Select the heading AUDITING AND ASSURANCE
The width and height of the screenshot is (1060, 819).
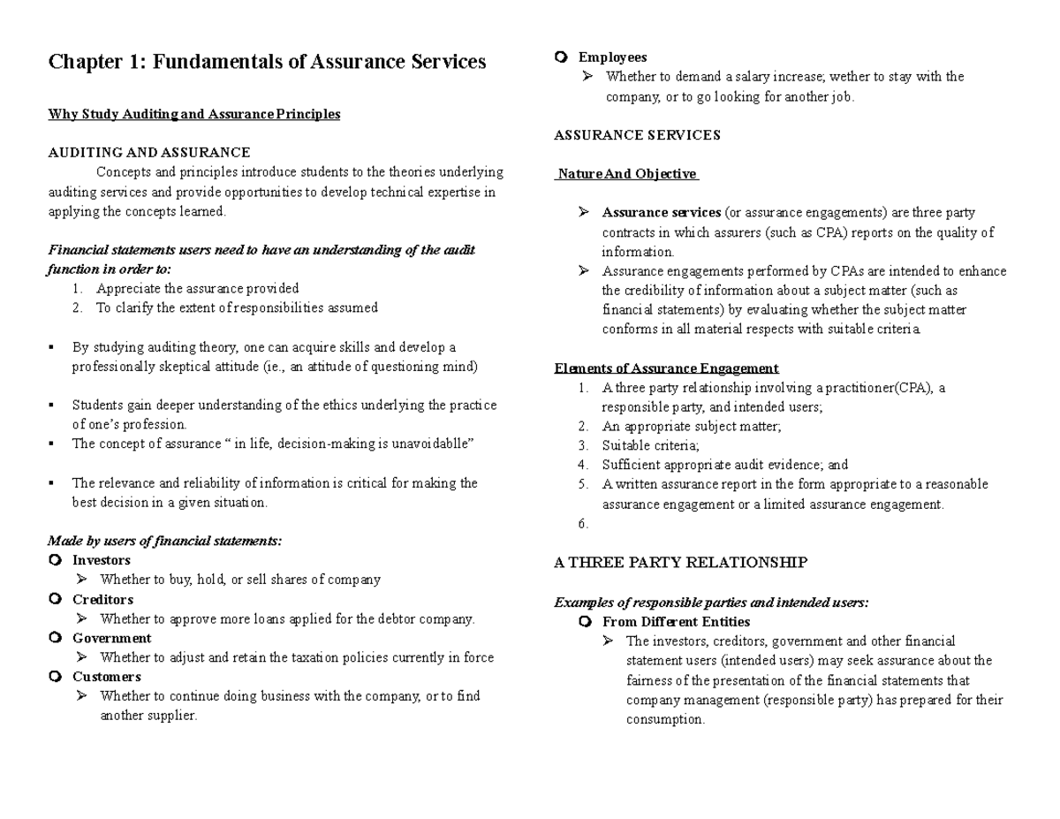(148, 152)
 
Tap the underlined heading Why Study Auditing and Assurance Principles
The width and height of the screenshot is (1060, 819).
(193, 114)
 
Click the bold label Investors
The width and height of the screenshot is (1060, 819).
(101, 560)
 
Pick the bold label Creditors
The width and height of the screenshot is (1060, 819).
(102, 599)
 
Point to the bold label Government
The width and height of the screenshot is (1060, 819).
(111, 638)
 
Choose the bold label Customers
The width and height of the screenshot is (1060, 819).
(106, 677)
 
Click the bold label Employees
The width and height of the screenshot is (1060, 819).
(612, 57)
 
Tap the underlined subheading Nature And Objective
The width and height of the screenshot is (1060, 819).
(626, 174)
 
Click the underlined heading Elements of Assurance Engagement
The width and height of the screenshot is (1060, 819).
(666, 368)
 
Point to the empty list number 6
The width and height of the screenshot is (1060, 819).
(583, 524)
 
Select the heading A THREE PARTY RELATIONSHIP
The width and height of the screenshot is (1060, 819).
(680, 563)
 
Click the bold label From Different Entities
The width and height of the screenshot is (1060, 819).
(676, 622)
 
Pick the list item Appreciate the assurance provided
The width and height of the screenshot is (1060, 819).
(198, 288)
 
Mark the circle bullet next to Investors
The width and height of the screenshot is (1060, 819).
(56, 560)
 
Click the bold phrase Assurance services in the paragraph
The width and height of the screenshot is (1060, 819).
(661, 213)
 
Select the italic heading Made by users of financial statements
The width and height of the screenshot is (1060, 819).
(164, 541)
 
